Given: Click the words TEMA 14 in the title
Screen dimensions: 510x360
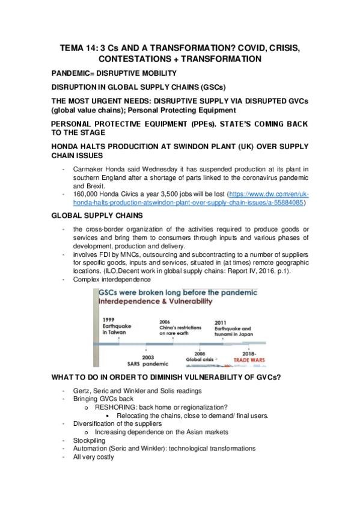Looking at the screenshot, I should (83, 48).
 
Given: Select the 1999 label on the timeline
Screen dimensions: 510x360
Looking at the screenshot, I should (108, 319).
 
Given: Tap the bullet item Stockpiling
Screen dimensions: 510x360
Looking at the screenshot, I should (90, 440).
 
